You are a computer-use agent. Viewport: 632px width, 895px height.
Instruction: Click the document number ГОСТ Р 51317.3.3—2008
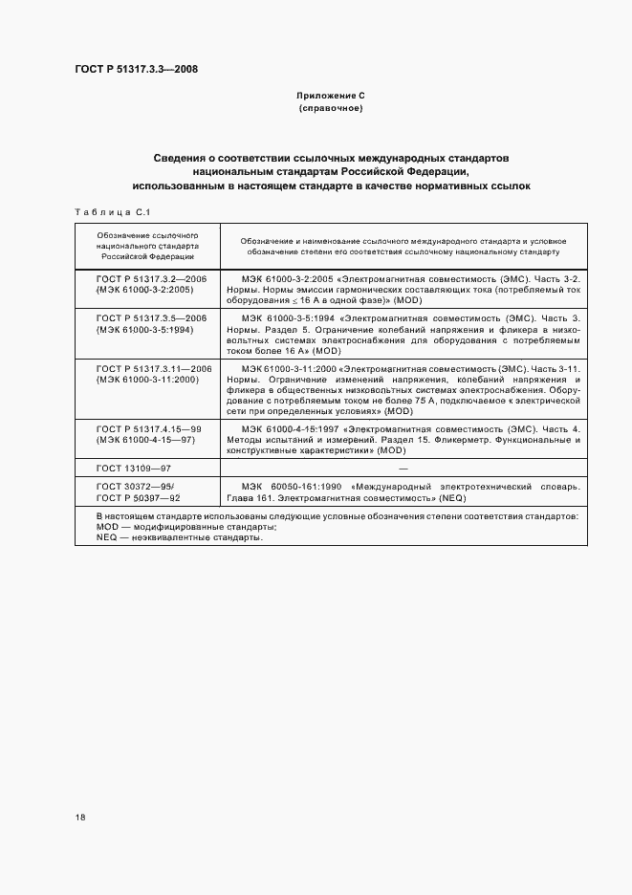(x=137, y=69)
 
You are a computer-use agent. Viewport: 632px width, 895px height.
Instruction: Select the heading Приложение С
(x=332, y=98)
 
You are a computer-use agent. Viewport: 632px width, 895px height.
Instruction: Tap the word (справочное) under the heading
(x=332, y=109)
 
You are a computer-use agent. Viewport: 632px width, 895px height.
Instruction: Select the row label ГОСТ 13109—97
(x=131, y=469)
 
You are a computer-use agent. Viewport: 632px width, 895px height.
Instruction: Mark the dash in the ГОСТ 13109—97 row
(x=403, y=469)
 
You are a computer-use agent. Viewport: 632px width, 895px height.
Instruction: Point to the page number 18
(x=79, y=818)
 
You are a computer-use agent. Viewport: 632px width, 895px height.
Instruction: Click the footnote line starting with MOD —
(x=163, y=527)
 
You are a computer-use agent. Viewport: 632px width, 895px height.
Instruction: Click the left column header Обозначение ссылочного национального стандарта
(x=146, y=245)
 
